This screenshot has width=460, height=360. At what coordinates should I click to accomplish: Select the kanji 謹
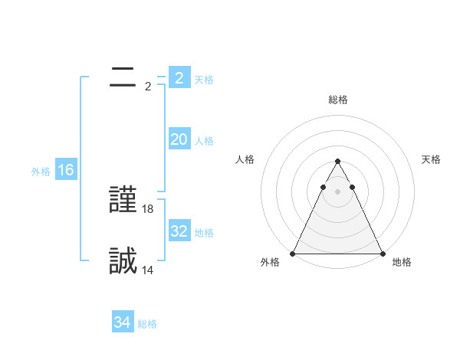click(123, 201)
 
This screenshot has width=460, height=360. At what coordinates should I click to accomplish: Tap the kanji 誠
click(123, 261)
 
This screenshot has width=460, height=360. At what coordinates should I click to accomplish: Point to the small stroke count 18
click(148, 208)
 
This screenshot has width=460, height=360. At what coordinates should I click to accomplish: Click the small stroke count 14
click(148, 270)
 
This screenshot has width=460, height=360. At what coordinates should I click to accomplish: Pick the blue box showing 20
click(179, 139)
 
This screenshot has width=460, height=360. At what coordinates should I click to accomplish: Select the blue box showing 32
click(179, 231)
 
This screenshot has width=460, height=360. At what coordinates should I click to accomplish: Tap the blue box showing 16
click(66, 170)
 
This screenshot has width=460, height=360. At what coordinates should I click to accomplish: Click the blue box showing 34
click(122, 322)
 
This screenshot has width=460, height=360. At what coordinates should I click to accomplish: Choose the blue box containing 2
click(179, 78)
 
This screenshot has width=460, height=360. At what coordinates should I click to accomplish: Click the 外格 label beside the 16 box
click(41, 172)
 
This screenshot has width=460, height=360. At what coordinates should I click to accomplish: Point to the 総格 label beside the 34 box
click(147, 324)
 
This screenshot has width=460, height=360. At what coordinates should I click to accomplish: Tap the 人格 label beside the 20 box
click(204, 141)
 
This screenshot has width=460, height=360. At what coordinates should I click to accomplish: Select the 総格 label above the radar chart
click(338, 100)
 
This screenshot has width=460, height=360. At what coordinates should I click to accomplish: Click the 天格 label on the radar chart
click(432, 159)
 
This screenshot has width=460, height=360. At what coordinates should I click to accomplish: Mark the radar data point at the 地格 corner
click(382, 254)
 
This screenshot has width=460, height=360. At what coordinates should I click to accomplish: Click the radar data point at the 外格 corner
click(294, 254)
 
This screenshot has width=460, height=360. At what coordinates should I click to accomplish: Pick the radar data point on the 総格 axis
click(337, 162)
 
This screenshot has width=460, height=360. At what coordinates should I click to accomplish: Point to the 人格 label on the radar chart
click(245, 159)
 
